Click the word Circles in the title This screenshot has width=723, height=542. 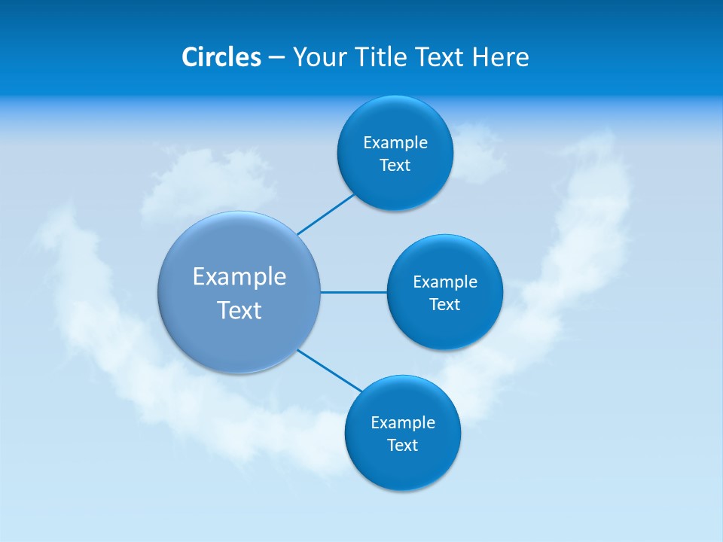221,57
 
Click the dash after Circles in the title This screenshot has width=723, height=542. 276,58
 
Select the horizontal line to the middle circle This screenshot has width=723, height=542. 354,292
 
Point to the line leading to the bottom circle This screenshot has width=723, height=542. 330,370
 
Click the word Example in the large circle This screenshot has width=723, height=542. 239,277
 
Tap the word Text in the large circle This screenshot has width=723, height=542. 239,310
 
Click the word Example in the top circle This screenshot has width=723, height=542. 395,143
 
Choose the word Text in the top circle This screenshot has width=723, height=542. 395,166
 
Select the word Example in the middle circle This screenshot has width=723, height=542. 445,282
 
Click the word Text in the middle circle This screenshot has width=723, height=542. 445,305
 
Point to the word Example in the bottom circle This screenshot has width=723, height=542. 403,423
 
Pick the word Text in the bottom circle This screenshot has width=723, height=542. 403,446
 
